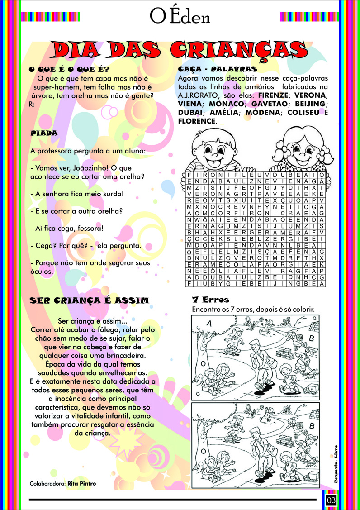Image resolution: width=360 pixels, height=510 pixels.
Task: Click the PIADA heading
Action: click(43, 133)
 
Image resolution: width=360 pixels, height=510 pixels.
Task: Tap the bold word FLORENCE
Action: click(197, 121)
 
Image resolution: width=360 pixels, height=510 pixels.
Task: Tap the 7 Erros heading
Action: click(210, 300)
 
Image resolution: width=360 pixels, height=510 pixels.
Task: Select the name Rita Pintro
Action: click(81, 483)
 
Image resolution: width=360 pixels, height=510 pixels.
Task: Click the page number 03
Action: click(332, 500)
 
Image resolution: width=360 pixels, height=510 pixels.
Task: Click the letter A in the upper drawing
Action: click(209, 323)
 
